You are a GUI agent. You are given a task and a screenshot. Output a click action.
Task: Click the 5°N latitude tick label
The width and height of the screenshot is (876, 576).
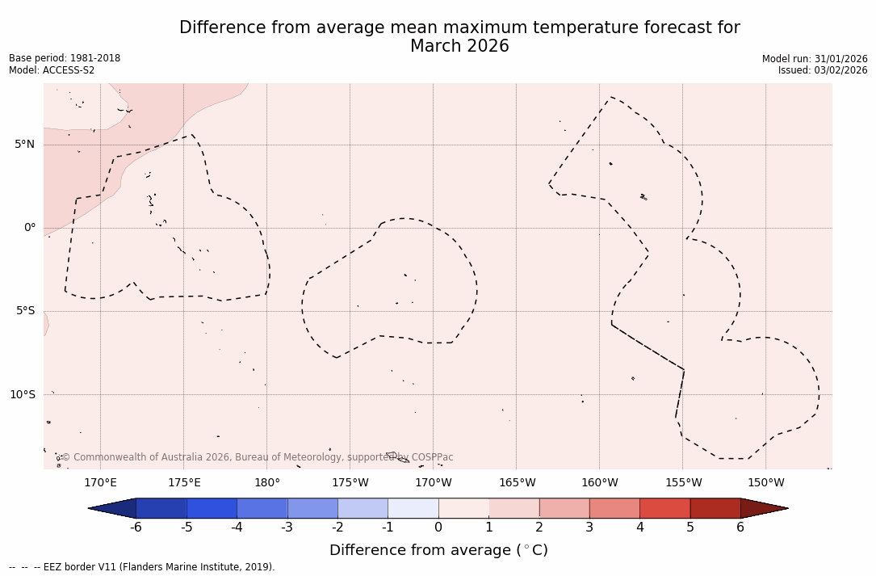click(24, 145)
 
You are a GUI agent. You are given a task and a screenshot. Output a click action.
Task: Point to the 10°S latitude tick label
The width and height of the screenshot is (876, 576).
click(22, 394)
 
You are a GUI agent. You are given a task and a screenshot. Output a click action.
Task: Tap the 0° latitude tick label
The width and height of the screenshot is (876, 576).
click(30, 228)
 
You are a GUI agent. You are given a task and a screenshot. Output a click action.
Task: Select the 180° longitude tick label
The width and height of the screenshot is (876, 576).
click(267, 483)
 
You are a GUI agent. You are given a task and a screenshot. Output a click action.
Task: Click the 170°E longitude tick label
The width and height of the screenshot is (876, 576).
click(100, 483)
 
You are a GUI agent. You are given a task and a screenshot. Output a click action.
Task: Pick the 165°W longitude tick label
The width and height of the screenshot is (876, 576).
click(517, 483)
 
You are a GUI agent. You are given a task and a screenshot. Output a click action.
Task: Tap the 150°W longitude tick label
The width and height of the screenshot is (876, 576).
click(766, 483)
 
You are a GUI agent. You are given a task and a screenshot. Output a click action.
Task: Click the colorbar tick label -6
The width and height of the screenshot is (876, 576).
click(136, 528)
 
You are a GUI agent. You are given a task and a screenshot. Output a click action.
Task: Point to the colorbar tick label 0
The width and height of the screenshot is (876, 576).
click(438, 528)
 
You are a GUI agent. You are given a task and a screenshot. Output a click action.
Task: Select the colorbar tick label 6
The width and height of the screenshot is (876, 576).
click(740, 528)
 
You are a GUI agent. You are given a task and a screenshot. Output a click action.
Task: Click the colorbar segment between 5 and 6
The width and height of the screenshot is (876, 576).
click(715, 508)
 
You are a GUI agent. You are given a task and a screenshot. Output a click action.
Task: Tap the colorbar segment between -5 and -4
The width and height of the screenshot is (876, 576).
click(212, 508)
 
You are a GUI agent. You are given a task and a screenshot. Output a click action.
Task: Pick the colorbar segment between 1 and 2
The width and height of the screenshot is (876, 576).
click(513, 508)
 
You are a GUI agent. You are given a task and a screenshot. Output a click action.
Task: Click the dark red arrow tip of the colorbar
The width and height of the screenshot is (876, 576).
click(763, 508)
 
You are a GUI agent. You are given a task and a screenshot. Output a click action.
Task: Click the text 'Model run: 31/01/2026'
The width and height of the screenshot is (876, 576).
click(815, 59)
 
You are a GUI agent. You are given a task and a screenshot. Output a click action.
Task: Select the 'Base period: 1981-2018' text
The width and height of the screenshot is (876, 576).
click(65, 58)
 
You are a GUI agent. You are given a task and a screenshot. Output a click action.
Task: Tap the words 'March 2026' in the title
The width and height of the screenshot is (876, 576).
click(459, 46)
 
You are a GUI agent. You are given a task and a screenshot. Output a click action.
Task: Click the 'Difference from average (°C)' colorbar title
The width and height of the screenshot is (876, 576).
click(438, 550)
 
